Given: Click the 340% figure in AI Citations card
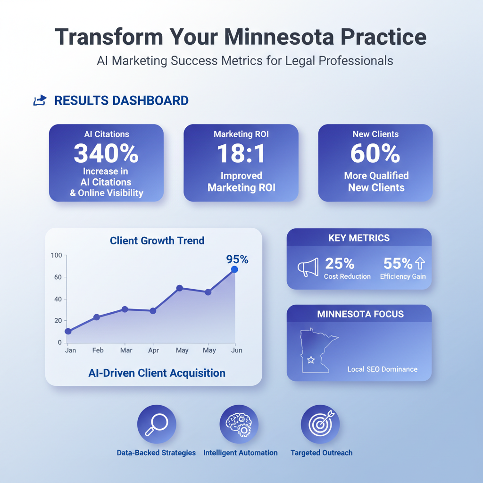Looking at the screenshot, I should point(106,153).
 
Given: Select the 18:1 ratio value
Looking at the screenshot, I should point(241,153).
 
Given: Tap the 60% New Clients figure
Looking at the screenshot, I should point(375,153).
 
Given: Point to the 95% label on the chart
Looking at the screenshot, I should point(237,259).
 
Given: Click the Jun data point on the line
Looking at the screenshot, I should point(234,269).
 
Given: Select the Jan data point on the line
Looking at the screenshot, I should point(68,331).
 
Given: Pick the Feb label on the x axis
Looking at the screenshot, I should point(98,350).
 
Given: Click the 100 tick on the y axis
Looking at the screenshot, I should point(57,255).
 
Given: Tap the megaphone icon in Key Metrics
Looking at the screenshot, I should point(308,267).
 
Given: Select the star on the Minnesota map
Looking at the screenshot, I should point(311,360).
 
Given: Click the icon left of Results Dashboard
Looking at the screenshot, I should point(40,100).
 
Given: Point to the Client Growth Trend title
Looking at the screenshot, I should point(157,241).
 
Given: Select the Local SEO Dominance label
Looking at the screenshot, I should point(382,369).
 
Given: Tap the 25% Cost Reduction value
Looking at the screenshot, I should point(340,263).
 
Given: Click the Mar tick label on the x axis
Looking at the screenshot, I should point(126,350).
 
